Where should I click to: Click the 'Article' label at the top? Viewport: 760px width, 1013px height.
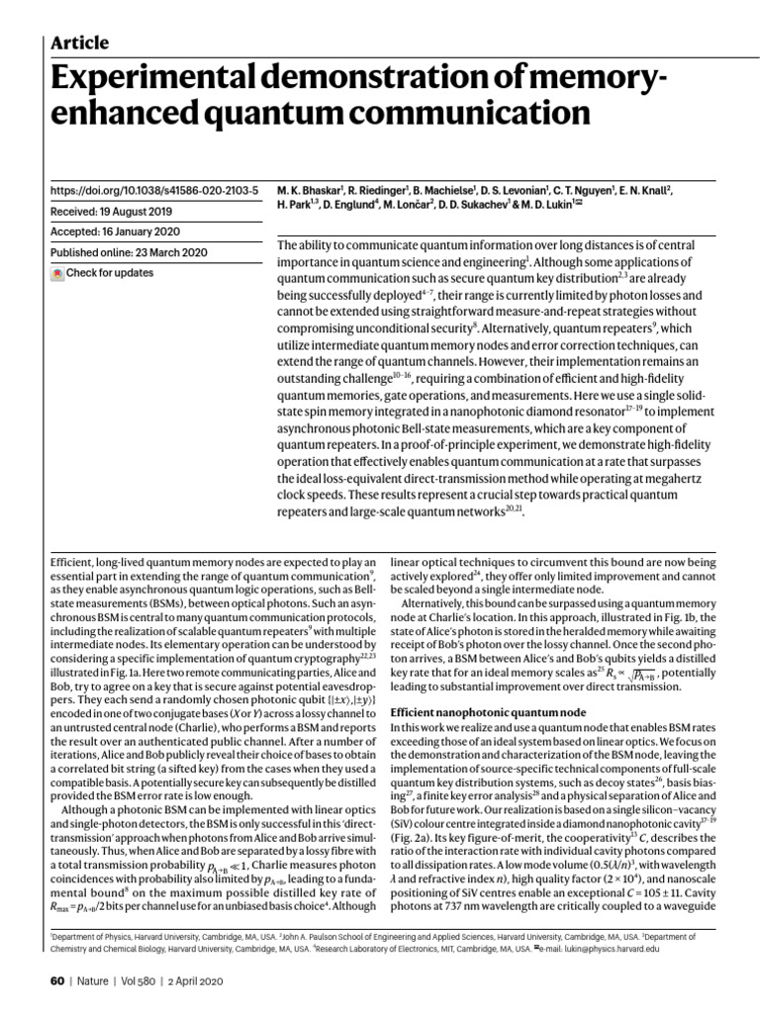[x=78, y=43]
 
